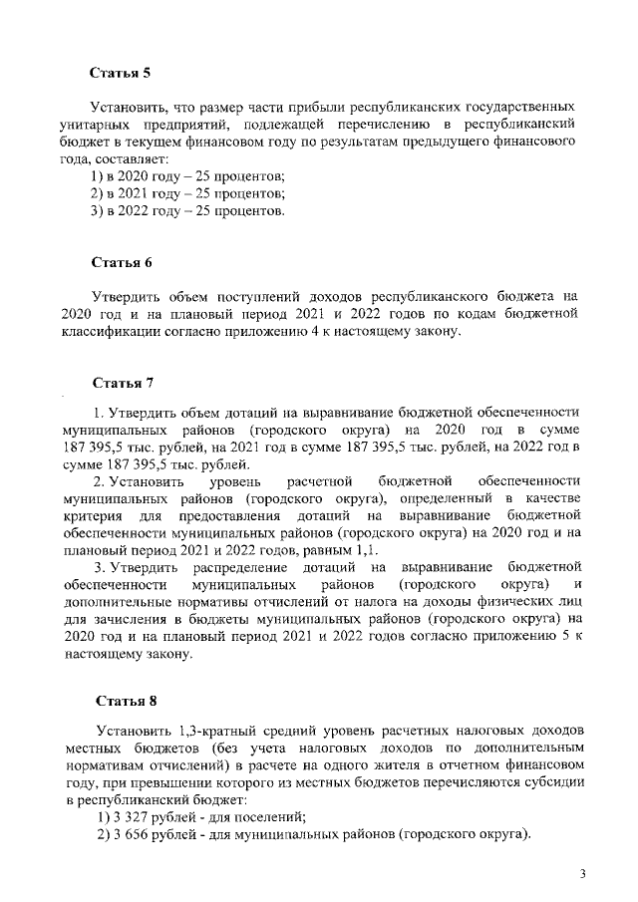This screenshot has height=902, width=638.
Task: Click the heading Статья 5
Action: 120,73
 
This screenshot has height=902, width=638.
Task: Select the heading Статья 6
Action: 121,263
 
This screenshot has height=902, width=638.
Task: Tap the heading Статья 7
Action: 121,382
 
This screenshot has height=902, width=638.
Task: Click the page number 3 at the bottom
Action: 584,874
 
